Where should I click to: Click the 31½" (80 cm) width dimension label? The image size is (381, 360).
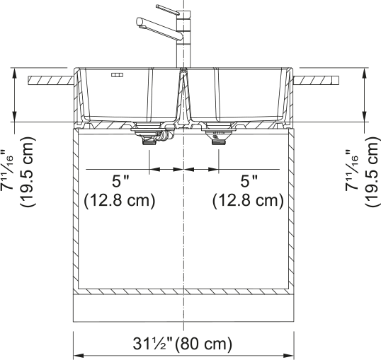point(182,344)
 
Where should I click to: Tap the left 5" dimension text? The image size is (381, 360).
point(120,181)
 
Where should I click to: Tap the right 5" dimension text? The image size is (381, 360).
point(249,181)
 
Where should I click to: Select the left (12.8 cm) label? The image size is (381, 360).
point(119,201)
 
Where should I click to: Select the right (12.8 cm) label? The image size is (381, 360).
point(248,201)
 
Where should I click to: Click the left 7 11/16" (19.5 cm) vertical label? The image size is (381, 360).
point(18,172)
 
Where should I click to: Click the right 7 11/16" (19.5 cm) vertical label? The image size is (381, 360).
point(362,172)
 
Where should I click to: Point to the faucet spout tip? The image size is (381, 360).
point(139,21)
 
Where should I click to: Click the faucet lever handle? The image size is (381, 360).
point(167,9)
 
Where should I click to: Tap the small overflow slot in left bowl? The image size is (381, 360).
point(117,75)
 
